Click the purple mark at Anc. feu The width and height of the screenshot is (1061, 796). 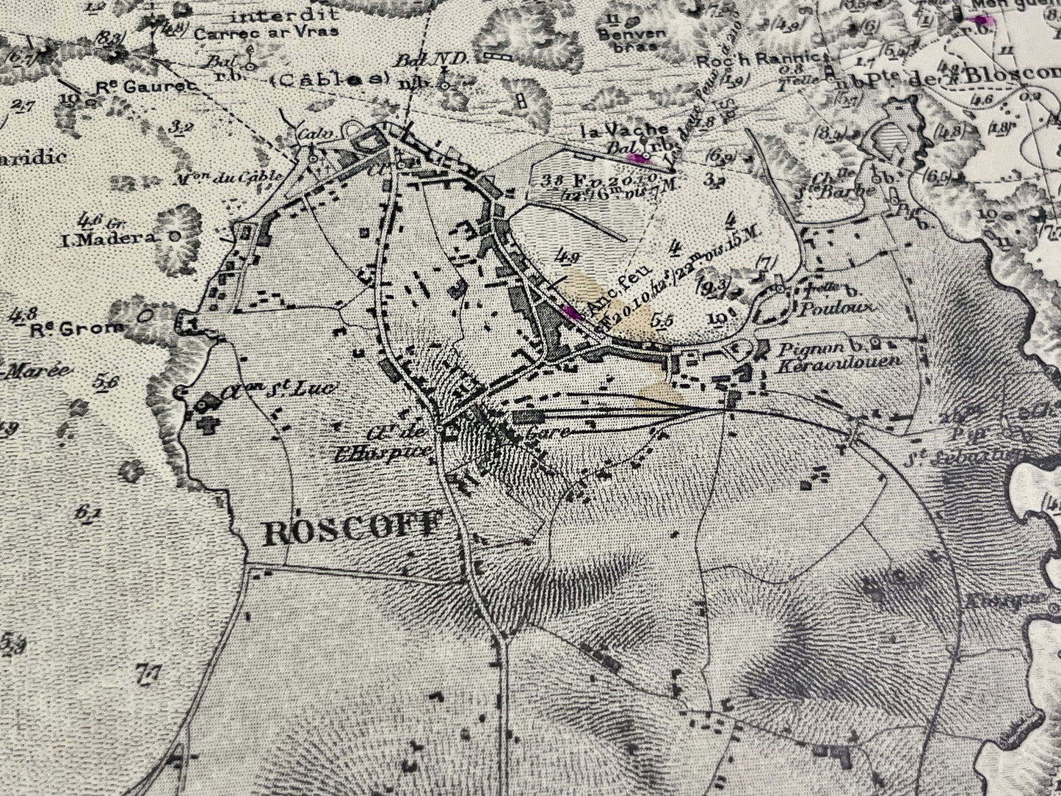coord(570,311)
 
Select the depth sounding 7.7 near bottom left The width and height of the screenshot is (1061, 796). coord(148,670)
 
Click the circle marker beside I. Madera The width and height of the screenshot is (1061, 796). coord(174,236)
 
